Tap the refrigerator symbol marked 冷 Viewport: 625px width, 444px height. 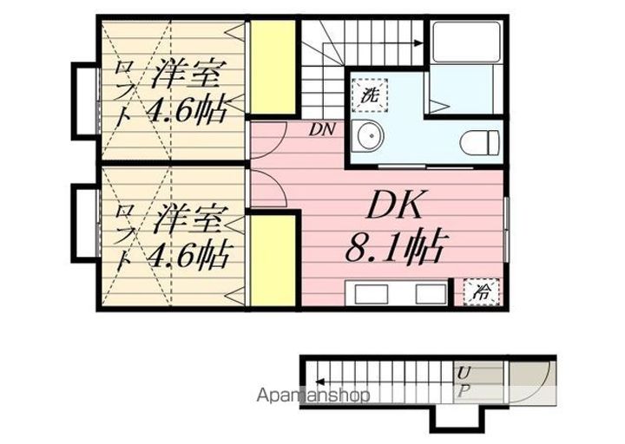pyautogui.click(x=480, y=291)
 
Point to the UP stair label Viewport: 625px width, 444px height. pyautogui.click(x=465, y=381)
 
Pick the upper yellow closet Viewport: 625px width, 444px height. pyautogui.click(x=273, y=69)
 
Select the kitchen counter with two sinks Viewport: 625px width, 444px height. pyautogui.click(x=397, y=292)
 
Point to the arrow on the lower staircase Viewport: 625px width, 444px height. pyautogui.click(x=323, y=380)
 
